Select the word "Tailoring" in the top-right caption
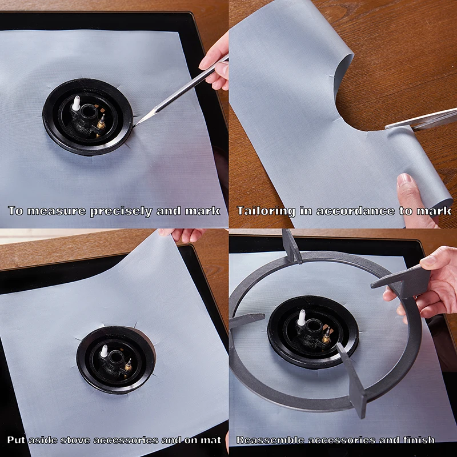(266, 211)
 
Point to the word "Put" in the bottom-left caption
(17, 440)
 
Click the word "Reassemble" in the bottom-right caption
(271, 440)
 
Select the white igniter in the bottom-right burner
(301, 318)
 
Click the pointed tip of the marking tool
(137, 123)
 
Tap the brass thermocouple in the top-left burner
(101, 122)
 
